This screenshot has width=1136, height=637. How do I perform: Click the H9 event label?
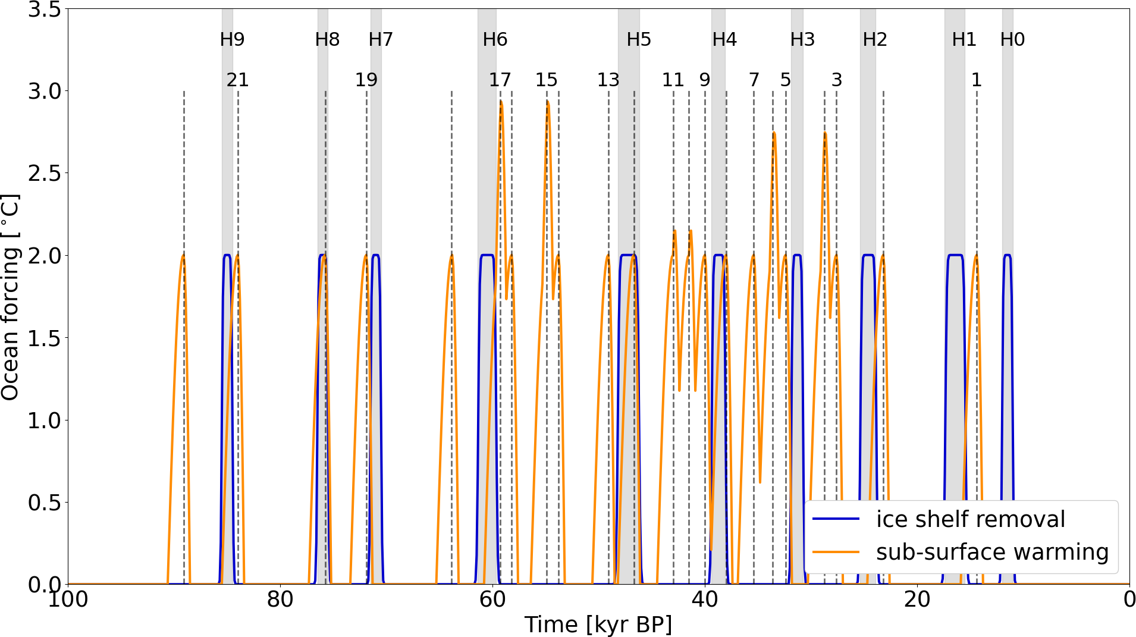coord(232,40)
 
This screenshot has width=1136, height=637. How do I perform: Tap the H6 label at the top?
coord(495,40)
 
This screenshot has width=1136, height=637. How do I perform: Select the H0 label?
coord(1012,40)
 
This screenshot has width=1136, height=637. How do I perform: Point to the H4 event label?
coord(724,40)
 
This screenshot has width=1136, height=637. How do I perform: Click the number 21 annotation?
coord(237,80)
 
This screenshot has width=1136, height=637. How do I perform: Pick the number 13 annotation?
coord(608,80)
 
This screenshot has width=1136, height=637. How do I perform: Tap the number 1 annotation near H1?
coord(976,80)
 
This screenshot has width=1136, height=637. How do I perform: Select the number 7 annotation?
coord(754,80)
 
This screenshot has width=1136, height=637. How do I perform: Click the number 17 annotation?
coord(500,80)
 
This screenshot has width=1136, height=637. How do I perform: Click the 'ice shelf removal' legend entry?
coord(970,519)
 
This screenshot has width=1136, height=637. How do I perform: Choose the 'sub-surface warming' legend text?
coord(992,552)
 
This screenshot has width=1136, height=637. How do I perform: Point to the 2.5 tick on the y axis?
coord(45,174)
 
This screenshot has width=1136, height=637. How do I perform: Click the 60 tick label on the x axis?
coord(492,600)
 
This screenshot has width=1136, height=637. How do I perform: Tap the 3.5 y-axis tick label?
coord(45,10)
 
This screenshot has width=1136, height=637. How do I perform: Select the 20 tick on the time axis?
coord(917,600)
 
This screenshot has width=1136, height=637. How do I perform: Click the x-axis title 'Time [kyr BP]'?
coord(598,625)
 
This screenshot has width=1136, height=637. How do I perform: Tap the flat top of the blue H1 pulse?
coord(955,255)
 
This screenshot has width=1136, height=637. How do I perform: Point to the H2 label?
coord(875,40)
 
